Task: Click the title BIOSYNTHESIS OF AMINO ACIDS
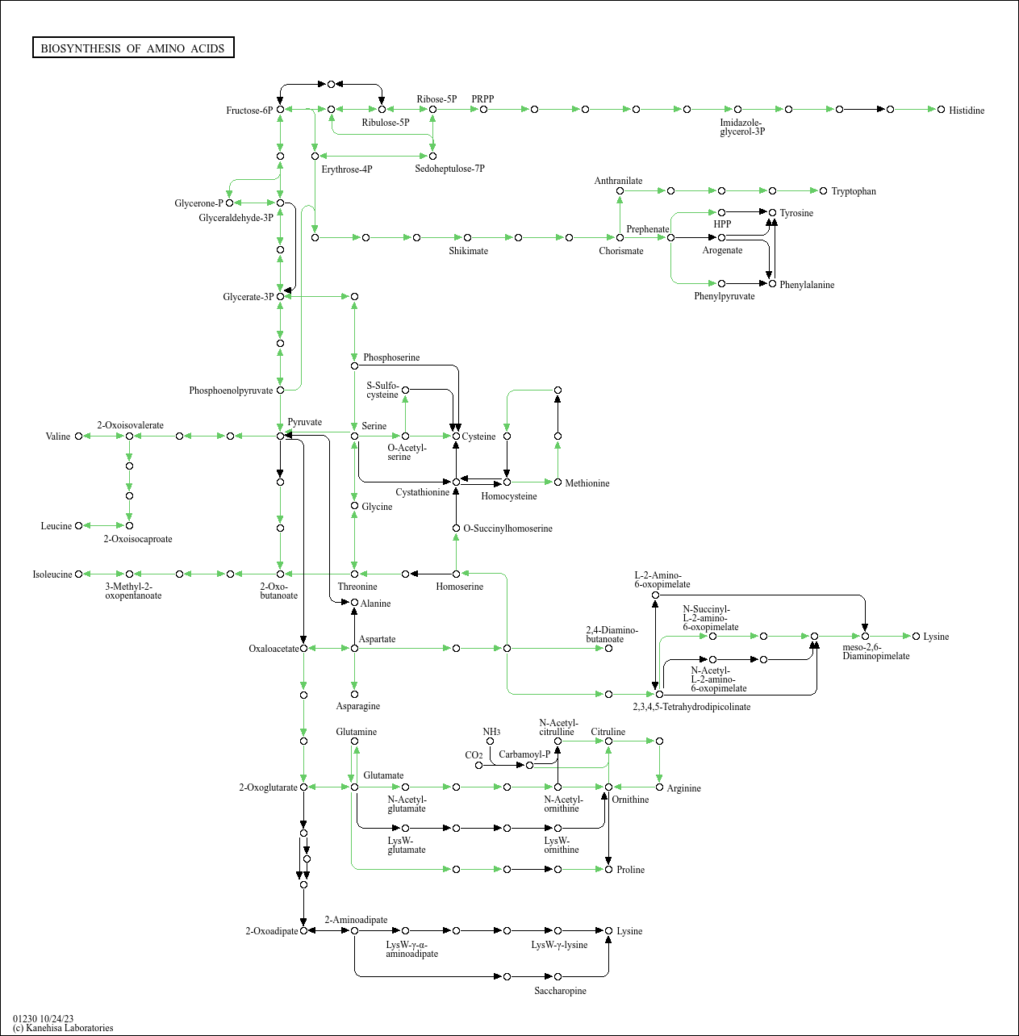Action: pos(133,48)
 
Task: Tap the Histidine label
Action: pos(966,111)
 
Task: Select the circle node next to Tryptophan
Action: pos(823,191)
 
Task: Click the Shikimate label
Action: pos(468,251)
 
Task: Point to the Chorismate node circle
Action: pos(620,237)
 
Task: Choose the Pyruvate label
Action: pos(304,422)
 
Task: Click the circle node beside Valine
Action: pos(78,437)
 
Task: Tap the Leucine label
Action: pos(56,526)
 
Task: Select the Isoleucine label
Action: pos(52,574)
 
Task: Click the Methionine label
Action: pos(587,483)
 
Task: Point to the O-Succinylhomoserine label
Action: pos(507,528)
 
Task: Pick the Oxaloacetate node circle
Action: pos(303,648)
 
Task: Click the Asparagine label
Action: pos(357,706)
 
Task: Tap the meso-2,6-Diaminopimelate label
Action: pos(875,651)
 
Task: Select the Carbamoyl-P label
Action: pos(524,754)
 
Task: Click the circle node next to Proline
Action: pos(608,869)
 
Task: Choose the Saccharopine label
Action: pos(560,991)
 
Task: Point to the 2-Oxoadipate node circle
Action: pos(303,930)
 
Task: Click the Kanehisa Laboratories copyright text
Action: pos(63,1028)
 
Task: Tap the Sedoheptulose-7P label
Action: pos(449,169)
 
